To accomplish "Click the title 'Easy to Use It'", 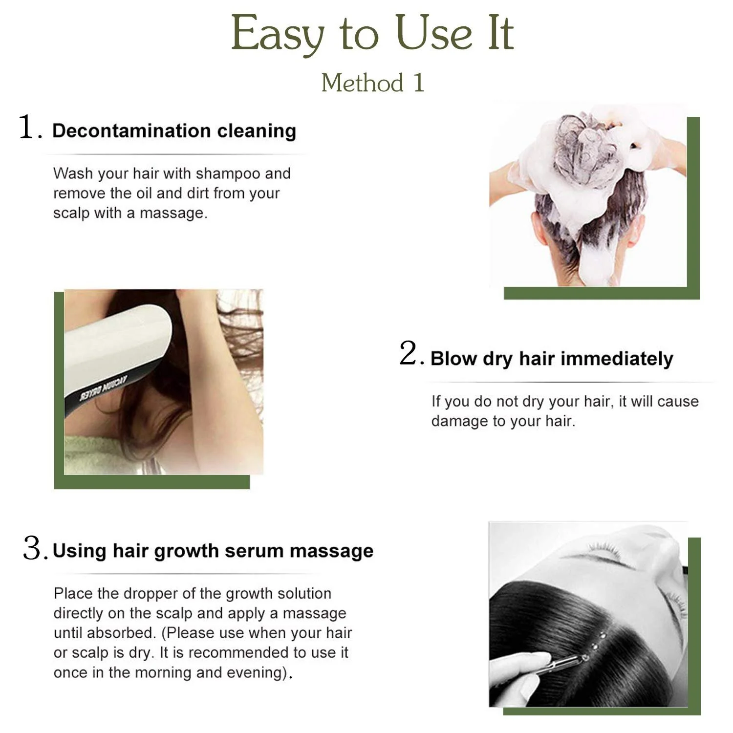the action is (x=372, y=33).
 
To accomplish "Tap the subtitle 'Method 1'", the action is (x=373, y=83).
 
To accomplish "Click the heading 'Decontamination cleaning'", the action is (x=174, y=131).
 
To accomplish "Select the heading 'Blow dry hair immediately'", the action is (x=552, y=359).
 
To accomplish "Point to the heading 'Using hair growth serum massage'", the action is (x=213, y=551).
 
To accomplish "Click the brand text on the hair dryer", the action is (x=104, y=389).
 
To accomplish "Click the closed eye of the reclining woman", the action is (x=606, y=554).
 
